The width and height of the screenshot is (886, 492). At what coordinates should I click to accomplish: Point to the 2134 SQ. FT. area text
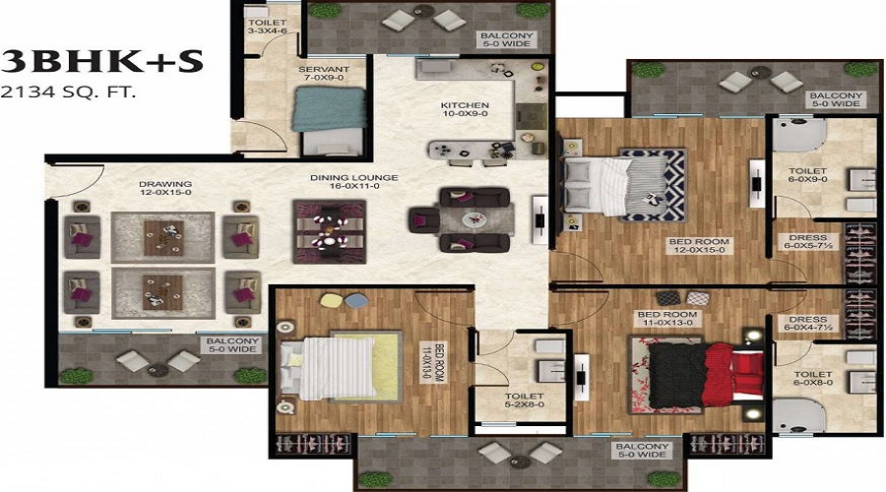point(68,92)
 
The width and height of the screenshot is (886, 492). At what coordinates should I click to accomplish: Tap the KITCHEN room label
point(465,105)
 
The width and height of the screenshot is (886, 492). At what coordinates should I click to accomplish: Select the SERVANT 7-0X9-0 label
point(324,74)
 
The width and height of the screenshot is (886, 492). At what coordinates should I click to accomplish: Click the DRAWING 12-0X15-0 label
point(165,188)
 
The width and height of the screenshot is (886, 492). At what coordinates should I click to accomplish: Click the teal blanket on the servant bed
point(330,109)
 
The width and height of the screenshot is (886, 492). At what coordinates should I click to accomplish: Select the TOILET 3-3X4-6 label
point(267,27)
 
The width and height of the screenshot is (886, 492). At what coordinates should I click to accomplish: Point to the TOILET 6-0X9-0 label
point(807,174)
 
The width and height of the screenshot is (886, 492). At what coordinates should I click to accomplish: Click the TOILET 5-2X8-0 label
point(525,400)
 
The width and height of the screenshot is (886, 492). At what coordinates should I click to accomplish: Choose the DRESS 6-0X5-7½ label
point(807,242)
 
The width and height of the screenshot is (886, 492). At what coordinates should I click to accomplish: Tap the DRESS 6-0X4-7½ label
point(808,323)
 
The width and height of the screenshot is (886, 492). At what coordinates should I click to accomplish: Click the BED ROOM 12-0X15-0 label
point(699,245)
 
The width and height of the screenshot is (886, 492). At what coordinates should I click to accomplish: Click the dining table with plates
point(330,231)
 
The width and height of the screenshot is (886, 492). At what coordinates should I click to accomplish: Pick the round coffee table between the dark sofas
point(473,218)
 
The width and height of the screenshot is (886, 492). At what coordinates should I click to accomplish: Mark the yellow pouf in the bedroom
point(330,300)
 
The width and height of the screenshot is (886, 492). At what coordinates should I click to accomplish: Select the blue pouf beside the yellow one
point(354,300)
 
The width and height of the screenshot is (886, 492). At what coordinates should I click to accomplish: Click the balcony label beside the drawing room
point(231,345)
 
